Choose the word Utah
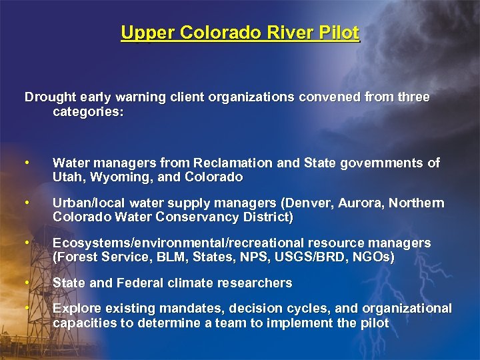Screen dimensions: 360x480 point(67,177)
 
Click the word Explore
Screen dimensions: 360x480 point(74,309)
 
